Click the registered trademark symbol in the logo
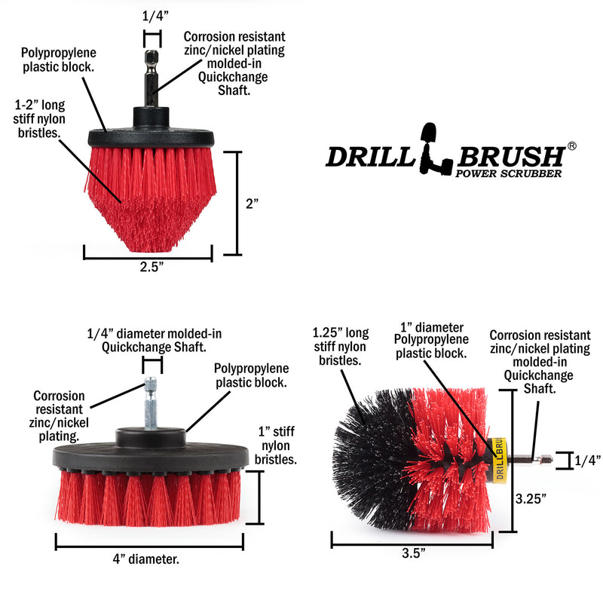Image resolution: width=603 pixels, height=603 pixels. (x=572, y=145)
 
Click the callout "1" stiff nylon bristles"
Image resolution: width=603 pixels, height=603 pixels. (x=275, y=445)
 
